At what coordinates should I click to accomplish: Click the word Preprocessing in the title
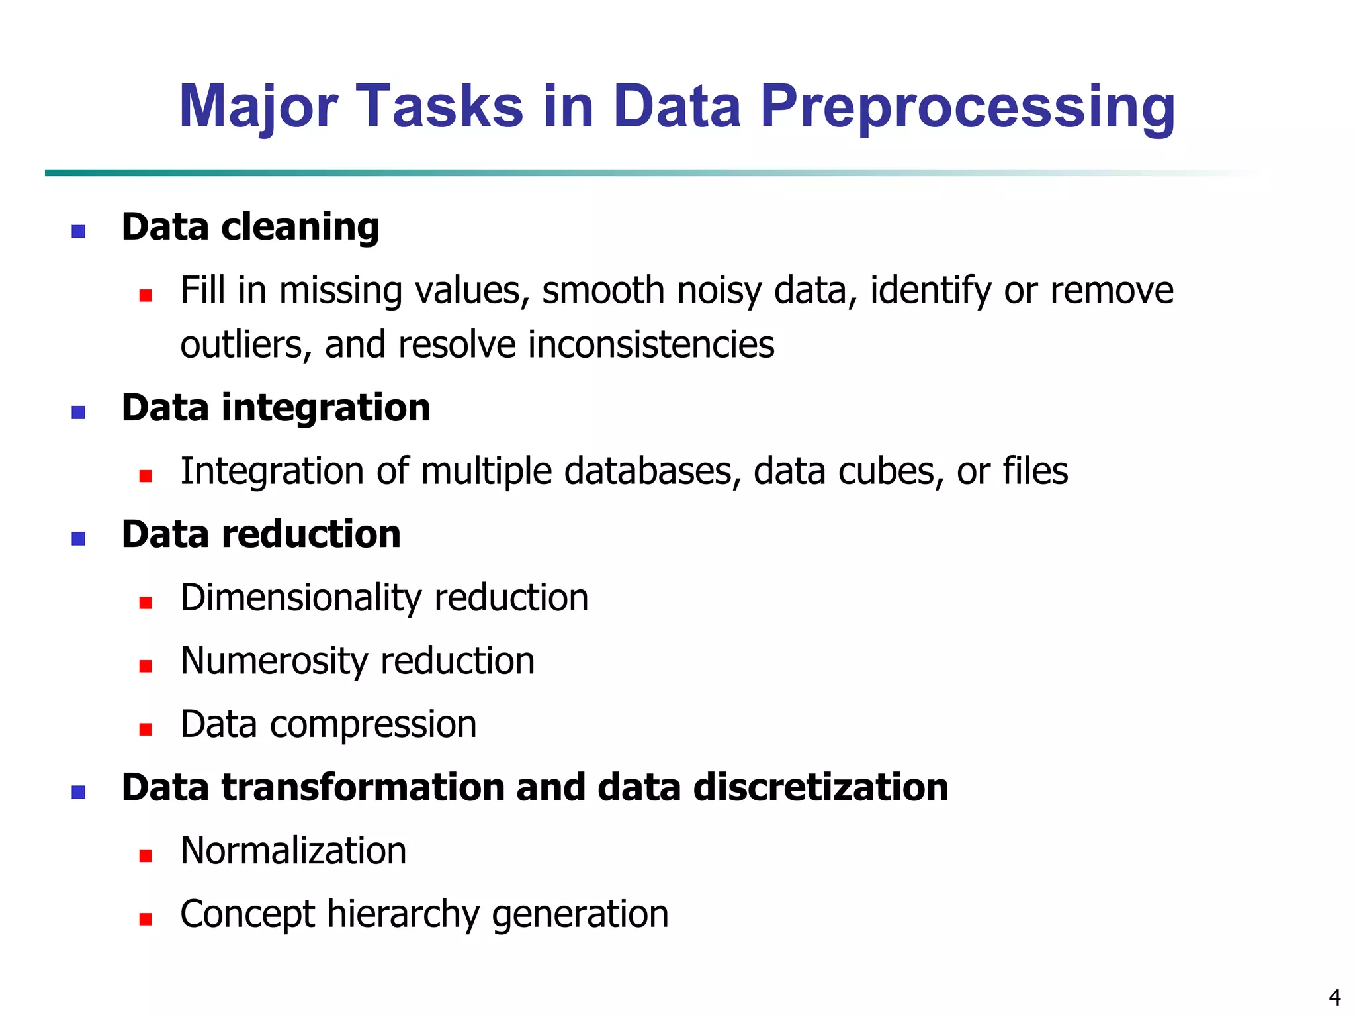point(967,107)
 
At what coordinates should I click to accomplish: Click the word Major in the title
point(259,107)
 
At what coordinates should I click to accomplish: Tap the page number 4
point(1334,996)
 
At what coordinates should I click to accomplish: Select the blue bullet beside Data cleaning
point(78,231)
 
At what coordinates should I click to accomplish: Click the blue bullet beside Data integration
point(78,412)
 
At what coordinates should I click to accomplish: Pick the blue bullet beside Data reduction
point(78,538)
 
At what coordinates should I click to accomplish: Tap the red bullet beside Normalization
point(146,855)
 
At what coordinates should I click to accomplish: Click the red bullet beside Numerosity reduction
point(146,665)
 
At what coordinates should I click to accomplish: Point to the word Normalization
point(293,851)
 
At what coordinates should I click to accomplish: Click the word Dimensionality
point(301,598)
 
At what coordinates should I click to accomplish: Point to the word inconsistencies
point(651,345)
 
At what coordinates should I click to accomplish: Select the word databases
point(652,471)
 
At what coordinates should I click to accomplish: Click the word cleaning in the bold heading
point(300,228)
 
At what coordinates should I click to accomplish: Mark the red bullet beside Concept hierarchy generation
point(146,918)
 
